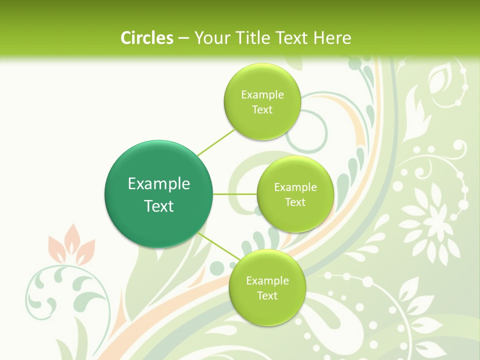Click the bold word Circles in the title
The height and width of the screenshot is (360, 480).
pos(146,38)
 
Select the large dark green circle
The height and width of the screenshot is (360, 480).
pos(158,194)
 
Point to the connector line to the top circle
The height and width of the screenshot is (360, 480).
pos(216,142)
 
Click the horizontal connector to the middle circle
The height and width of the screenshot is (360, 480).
pos(234,194)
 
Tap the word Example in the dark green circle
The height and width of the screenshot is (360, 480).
pos(159,184)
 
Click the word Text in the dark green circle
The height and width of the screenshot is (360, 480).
pos(159,206)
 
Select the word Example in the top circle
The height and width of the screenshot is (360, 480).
pos(262,95)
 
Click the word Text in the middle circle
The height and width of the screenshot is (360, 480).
pos(295,202)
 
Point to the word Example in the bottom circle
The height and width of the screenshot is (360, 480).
pos(267,281)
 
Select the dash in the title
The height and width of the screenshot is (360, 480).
pos(183,38)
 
